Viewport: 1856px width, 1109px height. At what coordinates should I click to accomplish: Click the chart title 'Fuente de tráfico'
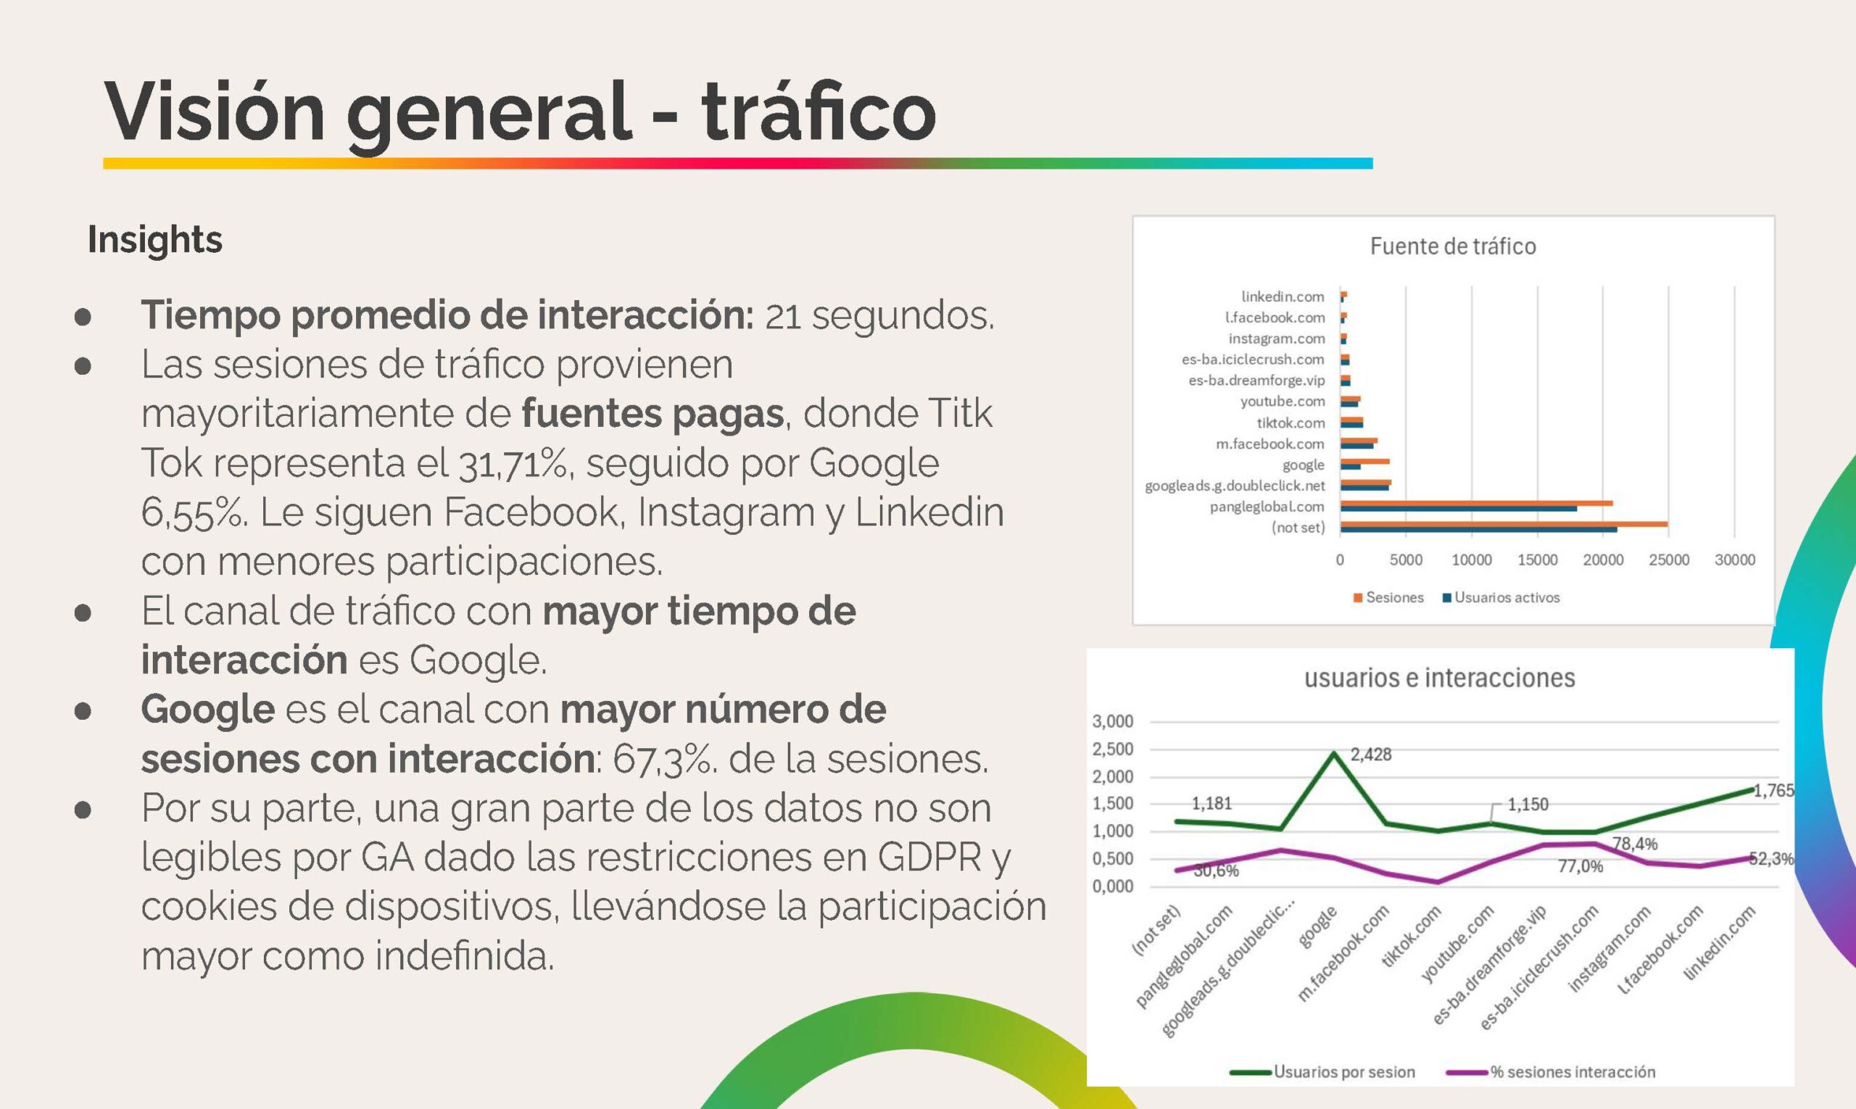(1452, 246)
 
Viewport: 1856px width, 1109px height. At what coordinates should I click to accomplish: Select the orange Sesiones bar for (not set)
(1503, 524)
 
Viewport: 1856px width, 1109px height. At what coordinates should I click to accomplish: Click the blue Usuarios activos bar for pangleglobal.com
(1459, 509)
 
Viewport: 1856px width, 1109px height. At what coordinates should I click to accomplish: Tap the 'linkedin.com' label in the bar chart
(1283, 296)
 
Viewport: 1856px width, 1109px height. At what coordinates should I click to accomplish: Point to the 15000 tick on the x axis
(1537, 560)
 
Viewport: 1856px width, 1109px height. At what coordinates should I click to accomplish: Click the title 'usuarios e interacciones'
(1440, 678)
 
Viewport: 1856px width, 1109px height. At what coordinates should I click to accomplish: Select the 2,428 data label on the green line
(1371, 755)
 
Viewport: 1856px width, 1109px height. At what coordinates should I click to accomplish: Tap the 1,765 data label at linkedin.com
(1773, 791)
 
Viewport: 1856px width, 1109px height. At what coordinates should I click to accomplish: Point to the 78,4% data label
(1635, 844)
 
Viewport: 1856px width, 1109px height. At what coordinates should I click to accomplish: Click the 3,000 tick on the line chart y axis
(1113, 721)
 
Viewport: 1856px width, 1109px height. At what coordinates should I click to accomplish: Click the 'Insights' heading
(154, 240)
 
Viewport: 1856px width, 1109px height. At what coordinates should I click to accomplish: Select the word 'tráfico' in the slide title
(819, 112)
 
